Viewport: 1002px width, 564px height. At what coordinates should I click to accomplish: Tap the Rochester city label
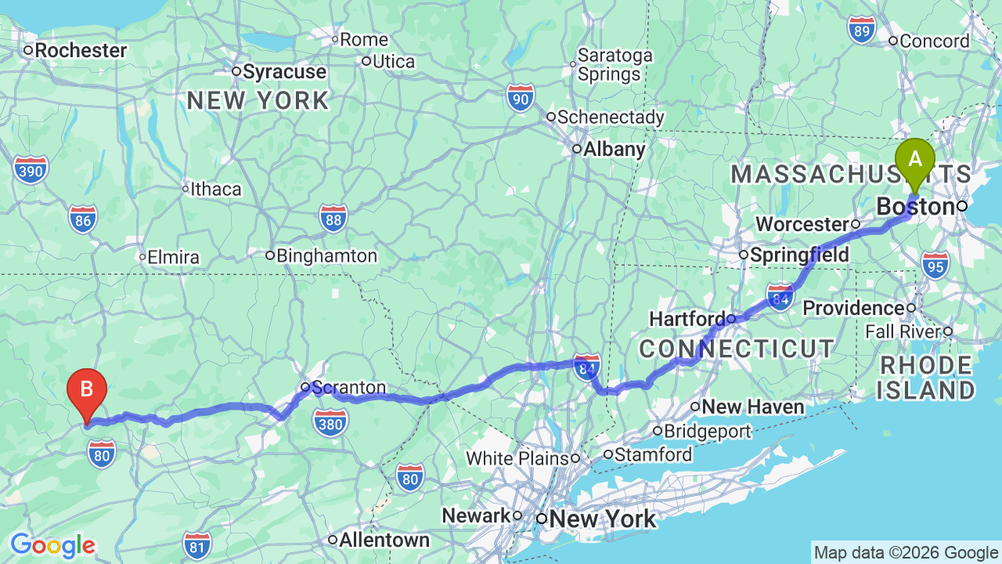tap(80, 51)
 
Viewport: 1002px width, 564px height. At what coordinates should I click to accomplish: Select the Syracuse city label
tap(283, 72)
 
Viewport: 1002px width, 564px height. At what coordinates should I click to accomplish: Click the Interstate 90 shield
tap(521, 98)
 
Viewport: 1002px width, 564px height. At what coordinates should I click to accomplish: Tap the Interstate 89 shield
tap(861, 30)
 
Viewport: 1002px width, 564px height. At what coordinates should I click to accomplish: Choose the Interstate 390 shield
tap(31, 168)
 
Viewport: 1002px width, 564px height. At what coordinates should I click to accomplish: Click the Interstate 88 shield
tap(333, 219)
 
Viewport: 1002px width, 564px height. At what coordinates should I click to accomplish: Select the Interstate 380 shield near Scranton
tap(331, 422)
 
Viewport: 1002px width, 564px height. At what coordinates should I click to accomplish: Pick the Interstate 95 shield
tap(935, 265)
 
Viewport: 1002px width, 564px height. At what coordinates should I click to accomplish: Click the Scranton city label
tap(348, 388)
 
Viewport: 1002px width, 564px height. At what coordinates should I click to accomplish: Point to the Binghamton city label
tap(326, 255)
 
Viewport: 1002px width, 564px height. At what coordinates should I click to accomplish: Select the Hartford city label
tap(687, 320)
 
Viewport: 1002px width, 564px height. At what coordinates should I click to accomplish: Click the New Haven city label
tap(752, 407)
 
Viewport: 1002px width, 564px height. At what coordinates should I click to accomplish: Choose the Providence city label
tap(853, 308)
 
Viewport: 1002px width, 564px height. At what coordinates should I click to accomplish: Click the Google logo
tap(52, 545)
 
